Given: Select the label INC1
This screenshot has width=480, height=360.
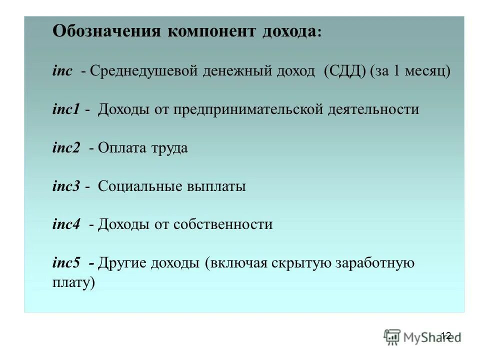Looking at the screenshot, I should point(66,109).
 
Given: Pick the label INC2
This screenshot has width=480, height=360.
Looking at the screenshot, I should point(66,148).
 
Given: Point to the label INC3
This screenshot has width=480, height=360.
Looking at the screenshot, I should point(66,186).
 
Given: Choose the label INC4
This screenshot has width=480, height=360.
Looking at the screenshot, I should point(66,224).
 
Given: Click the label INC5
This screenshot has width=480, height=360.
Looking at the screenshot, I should point(66,263).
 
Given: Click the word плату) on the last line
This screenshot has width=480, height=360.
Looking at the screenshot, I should point(73,282).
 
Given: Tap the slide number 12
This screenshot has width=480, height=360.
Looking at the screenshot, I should point(446,335).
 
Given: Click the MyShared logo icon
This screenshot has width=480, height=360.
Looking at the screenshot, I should point(392,336).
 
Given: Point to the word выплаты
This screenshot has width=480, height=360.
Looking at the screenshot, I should point(216,186).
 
